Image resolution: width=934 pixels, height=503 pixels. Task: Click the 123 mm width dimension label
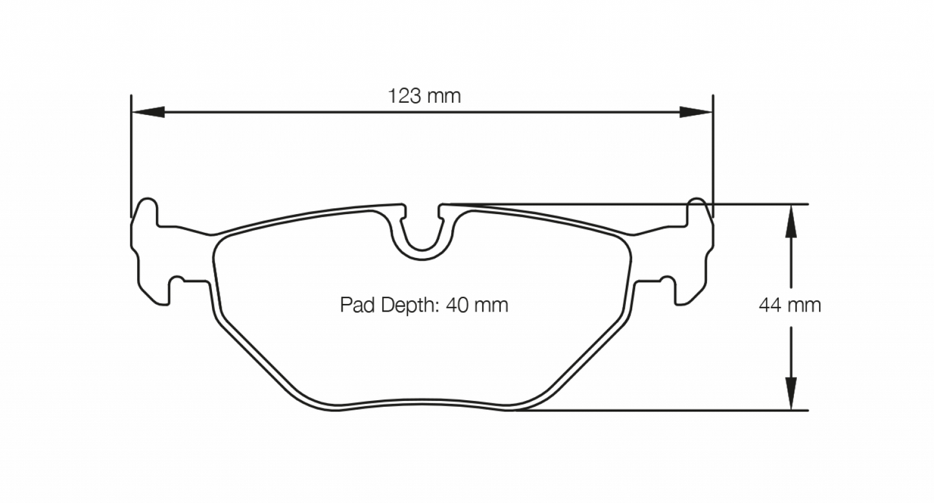[424, 96]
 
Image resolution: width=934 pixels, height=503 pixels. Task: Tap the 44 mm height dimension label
[790, 305]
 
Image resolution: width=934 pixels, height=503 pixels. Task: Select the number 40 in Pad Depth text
[460, 305]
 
